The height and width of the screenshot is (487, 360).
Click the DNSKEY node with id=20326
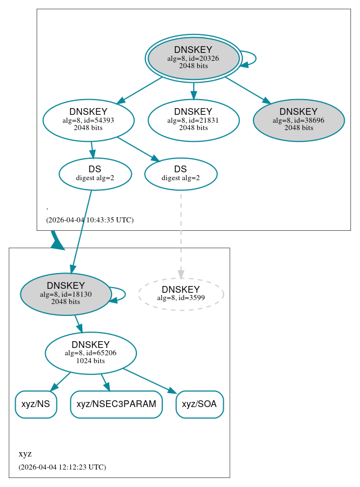point(193,58)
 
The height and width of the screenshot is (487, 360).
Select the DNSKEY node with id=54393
point(88,120)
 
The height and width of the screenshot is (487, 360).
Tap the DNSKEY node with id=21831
point(193,120)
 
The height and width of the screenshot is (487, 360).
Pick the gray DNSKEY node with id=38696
point(299,120)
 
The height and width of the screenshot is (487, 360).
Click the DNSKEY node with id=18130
point(66,294)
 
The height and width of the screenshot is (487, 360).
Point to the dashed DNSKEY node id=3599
point(181,293)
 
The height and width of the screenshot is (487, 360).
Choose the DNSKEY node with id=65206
point(91,353)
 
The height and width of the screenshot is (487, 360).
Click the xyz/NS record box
point(35,404)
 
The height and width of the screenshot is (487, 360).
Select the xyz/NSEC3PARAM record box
point(116,404)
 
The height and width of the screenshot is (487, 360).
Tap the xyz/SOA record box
point(200,404)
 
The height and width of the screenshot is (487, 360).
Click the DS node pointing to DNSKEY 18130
point(95,174)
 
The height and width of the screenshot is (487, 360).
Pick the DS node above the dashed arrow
point(180,174)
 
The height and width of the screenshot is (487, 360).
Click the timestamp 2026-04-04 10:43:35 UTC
point(90,220)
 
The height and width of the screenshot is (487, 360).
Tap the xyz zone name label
point(25,454)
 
